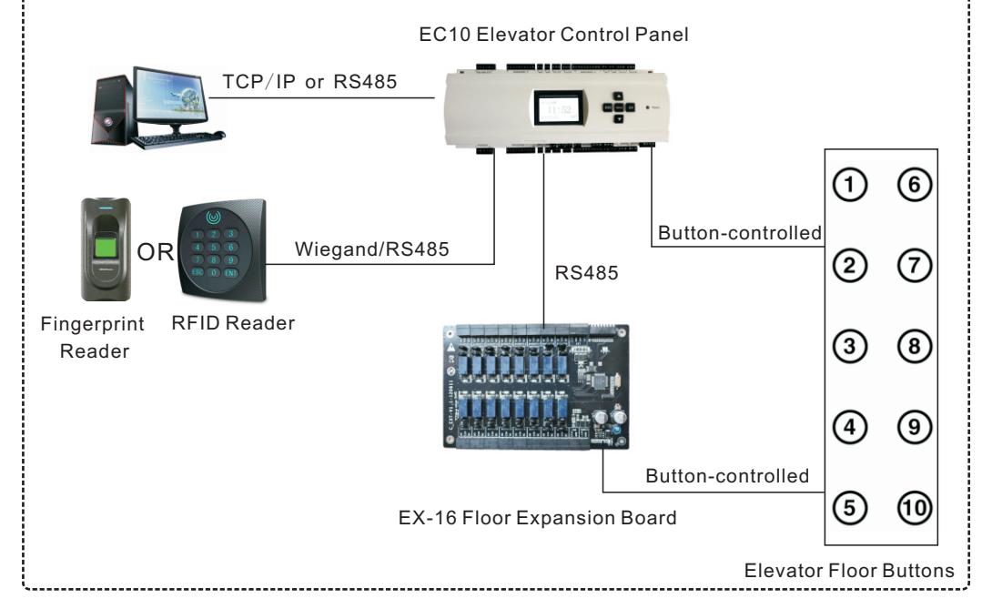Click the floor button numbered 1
coord(849,185)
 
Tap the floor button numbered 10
coord(914,507)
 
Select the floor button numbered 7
coord(914,265)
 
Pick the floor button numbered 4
coord(849,427)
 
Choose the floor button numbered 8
coord(914,346)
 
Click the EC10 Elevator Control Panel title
coord(553,35)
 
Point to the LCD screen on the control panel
coord(558,109)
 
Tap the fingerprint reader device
coord(106,249)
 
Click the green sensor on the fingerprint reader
coord(106,246)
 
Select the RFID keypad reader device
coord(222,249)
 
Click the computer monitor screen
coord(170,94)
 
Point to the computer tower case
coord(112,110)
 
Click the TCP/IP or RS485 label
coord(309,82)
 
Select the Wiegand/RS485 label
coord(372,249)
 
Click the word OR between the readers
coord(155,252)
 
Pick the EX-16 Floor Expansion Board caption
coord(537,518)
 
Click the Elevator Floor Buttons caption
coord(849,571)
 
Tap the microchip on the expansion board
coord(599,381)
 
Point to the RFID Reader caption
coord(233,323)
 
